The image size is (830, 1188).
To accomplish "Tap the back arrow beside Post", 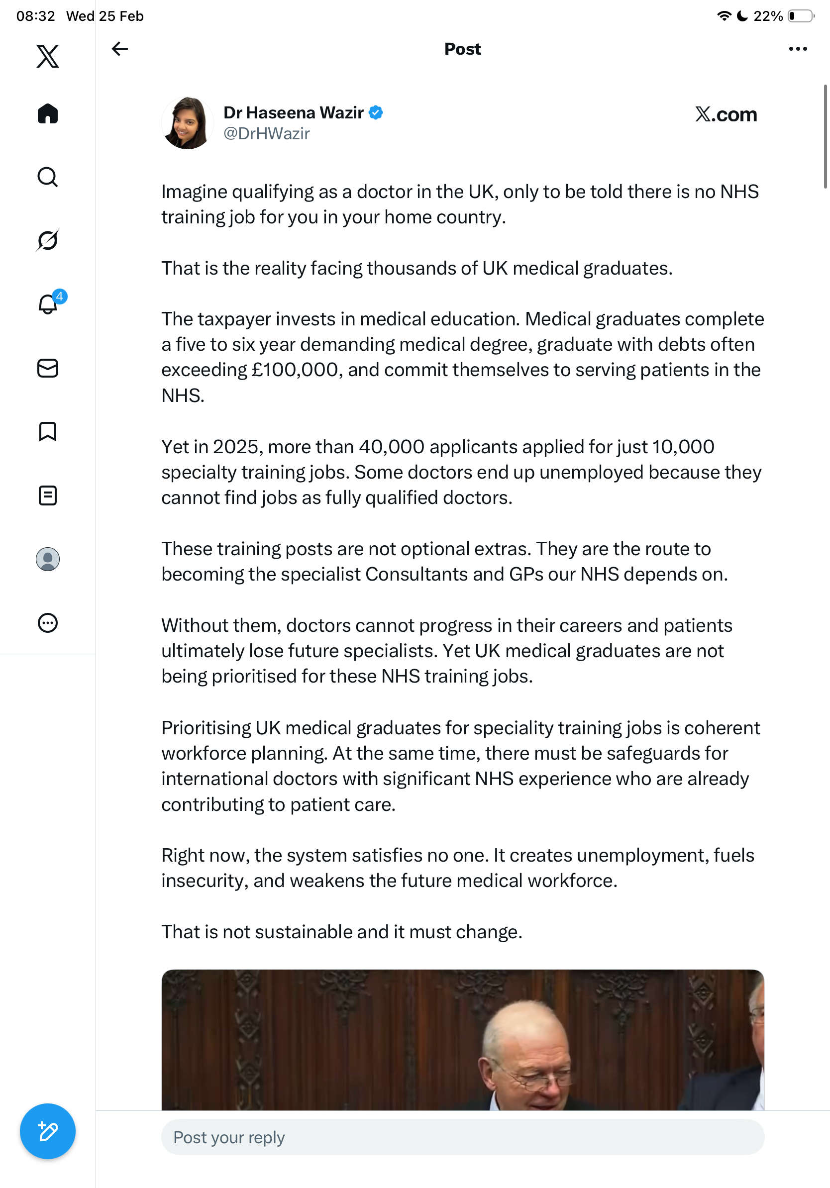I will [x=120, y=49].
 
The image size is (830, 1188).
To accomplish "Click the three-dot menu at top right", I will [x=797, y=49].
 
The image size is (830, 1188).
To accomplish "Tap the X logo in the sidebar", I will [x=48, y=56].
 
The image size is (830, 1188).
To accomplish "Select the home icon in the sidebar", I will [x=48, y=114].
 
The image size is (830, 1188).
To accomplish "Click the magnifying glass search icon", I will [x=48, y=178].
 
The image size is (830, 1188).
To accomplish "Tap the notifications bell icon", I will [x=48, y=304].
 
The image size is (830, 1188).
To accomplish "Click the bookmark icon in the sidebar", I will [x=48, y=431].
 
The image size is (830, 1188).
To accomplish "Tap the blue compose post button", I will [x=48, y=1131].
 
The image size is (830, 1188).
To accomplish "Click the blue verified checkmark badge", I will [x=376, y=113].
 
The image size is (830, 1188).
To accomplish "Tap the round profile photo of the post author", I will [x=187, y=123].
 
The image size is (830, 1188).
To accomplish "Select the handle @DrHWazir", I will [x=267, y=134].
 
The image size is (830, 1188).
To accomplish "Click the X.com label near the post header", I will [x=726, y=114].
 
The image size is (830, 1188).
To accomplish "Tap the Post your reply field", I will [x=462, y=1137].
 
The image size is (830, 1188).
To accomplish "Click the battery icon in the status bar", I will [x=800, y=16].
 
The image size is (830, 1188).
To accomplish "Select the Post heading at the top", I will [x=462, y=49].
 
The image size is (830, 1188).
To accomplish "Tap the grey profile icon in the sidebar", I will [x=48, y=559].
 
